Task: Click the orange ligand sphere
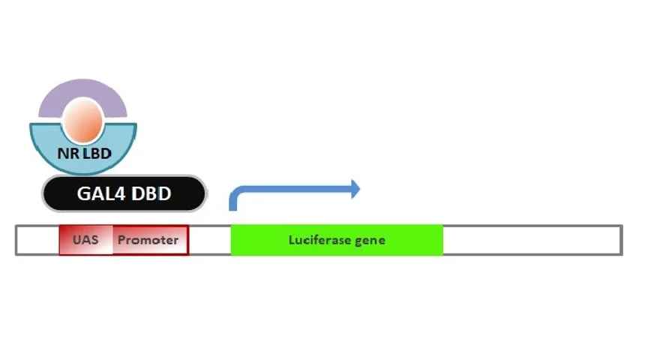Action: click(83, 121)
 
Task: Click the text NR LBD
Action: click(84, 154)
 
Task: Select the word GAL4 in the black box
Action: click(101, 193)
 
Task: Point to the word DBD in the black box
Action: click(151, 193)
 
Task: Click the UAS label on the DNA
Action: click(85, 240)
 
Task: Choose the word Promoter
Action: click(148, 240)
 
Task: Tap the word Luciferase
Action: click(319, 240)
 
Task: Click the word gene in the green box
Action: click(370, 241)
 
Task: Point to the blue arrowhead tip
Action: click(360, 189)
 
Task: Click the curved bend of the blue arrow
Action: click(235, 193)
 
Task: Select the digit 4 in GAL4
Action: click(119, 193)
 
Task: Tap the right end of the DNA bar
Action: click(622, 240)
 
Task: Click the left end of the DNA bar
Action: click(16, 240)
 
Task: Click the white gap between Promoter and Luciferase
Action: click(210, 240)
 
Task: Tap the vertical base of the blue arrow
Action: click(233, 205)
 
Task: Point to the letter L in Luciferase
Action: click(292, 240)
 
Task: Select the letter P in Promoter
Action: click(122, 240)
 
